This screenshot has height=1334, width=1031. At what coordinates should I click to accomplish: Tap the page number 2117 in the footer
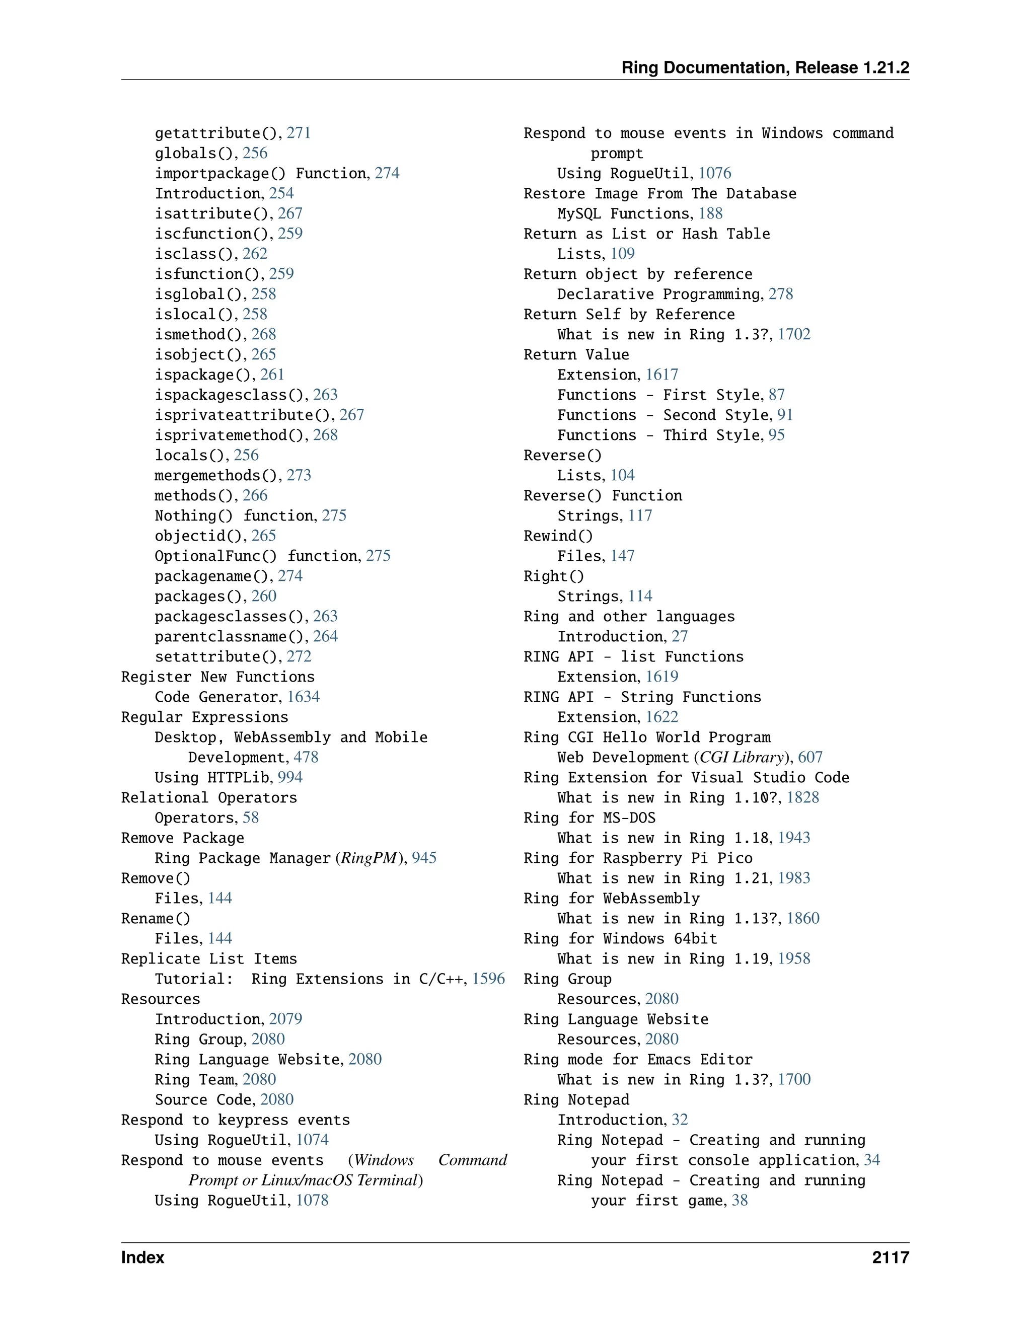[x=890, y=1257]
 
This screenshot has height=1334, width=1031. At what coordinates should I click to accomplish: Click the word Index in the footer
[x=142, y=1257]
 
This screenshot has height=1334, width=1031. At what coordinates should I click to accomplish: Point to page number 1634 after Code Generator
[x=303, y=696]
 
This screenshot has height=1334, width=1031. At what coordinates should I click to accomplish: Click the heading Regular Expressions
[x=204, y=717]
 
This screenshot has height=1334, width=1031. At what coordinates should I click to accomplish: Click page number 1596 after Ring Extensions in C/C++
[x=488, y=979]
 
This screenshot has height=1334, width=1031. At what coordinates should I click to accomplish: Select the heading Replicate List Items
[x=208, y=958]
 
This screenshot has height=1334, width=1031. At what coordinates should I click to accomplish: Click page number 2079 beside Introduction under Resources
[x=285, y=1019]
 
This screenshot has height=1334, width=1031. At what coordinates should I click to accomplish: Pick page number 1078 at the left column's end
[x=312, y=1200]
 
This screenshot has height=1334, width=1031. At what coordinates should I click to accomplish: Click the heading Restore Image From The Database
[x=659, y=194]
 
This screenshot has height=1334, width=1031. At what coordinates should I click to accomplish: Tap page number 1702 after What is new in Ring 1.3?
[x=793, y=334]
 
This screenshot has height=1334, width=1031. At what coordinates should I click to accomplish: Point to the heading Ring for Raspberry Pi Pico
[x=638, y=858]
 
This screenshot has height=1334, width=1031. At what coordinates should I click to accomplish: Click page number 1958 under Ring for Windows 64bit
[x=793, y=958]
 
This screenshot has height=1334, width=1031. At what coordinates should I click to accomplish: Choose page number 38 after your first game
[x=739, y=1200]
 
